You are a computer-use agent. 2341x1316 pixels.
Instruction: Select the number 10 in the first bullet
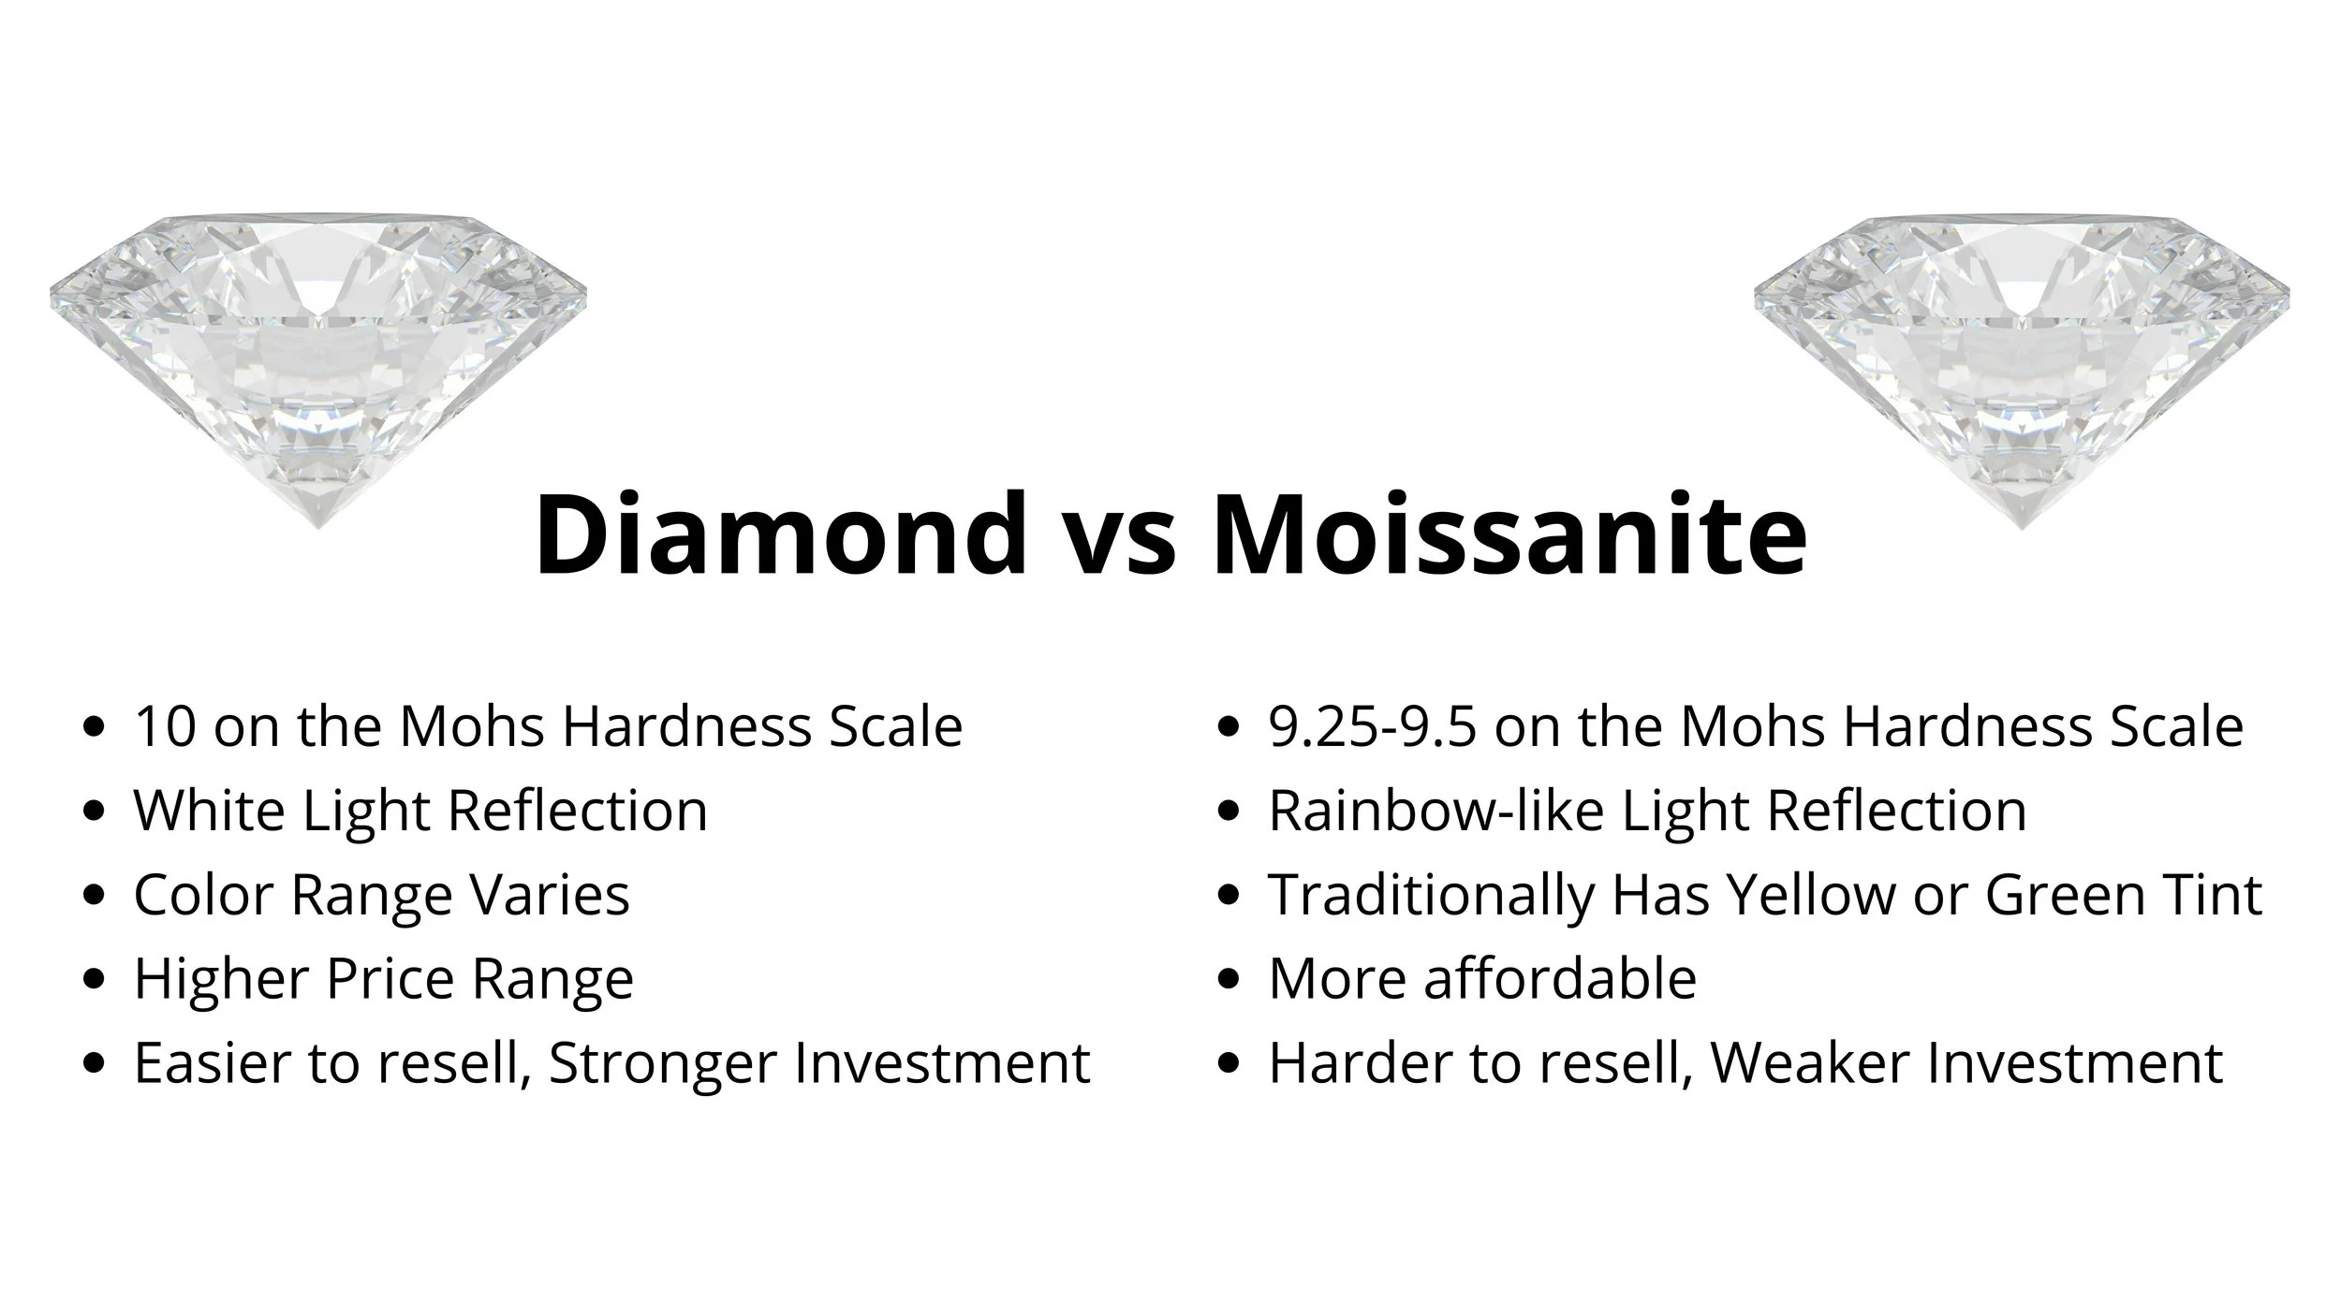(165, 726)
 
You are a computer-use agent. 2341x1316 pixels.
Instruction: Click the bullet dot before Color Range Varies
(94, 896)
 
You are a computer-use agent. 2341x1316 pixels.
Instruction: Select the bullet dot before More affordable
(1229, 980)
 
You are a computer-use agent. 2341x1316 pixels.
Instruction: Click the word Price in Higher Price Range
(391, 979)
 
